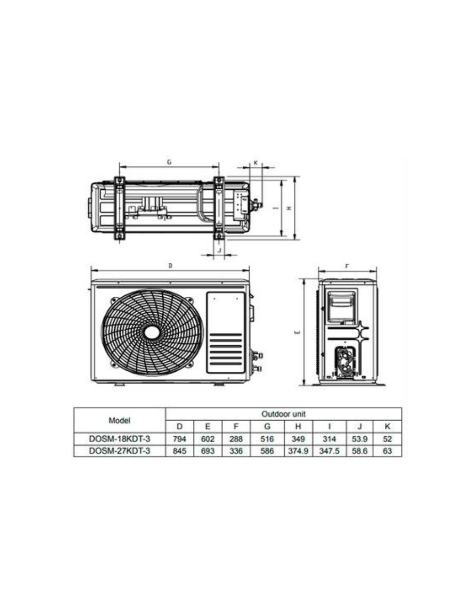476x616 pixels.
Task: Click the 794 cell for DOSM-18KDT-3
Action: coord(179,439)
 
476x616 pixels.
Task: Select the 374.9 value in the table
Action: coord(298,451)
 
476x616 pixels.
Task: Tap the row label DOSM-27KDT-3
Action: coord(119,451)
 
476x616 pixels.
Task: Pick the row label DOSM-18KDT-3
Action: coord(119,439)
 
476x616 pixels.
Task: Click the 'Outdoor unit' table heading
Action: coord(283,414)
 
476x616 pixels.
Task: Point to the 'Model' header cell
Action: coord(119,420)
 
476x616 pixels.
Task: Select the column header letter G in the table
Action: coord(267,426)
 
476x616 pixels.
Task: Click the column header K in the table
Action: coord(387,426)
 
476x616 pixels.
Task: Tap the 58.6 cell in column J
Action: coord(360,451)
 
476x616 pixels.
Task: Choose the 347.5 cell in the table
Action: coord(329,451)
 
